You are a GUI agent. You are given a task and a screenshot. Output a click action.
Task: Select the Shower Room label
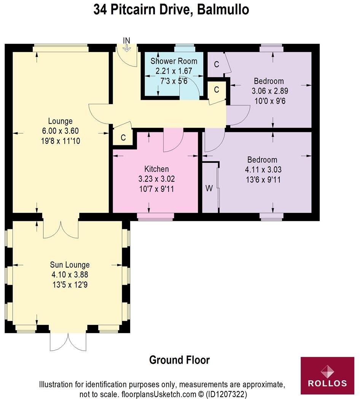(174, 61)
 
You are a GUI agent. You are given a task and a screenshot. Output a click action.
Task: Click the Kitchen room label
(156, 169)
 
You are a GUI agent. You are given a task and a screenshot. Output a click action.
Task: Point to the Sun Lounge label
(70, 265)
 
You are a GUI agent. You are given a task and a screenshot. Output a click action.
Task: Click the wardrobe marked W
(209, 188)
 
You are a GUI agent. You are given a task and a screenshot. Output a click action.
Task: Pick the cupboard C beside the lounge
(123, 138)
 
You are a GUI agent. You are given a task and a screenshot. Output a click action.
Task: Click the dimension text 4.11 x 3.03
(262, 170)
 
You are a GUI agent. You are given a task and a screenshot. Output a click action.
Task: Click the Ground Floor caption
(179, 360)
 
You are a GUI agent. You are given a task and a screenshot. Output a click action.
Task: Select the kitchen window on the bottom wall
(155, 216)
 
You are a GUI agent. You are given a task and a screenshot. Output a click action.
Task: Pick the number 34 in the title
(101, 10)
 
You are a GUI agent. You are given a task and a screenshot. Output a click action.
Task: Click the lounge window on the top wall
(61, 48)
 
